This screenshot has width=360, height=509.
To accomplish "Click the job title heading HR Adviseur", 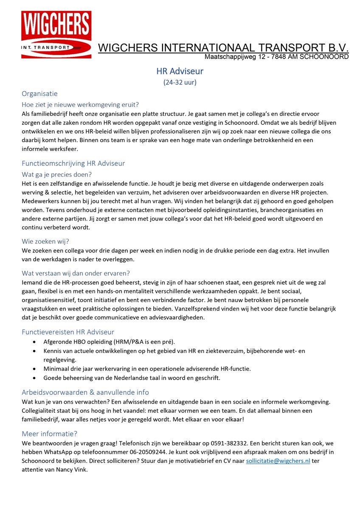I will [x=180, y=71].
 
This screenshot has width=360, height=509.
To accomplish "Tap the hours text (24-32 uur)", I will [x=180, y=83].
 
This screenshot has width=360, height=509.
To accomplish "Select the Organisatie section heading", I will [x=39, y=94].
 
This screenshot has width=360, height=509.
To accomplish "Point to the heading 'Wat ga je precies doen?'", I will [x=57, y=174].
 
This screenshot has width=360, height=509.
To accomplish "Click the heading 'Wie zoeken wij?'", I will [x=45, y=241].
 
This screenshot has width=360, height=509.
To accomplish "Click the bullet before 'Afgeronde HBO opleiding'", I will [x=34, y=342].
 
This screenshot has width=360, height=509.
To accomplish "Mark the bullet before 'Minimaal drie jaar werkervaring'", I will [x=34, y=369].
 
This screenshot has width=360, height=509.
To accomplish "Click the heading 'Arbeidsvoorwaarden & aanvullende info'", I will [x=85, y=392].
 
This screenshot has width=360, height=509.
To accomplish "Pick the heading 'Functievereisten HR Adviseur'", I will [x=68, y=332].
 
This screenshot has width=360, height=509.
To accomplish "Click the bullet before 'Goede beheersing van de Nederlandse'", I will [x=34, y=378].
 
